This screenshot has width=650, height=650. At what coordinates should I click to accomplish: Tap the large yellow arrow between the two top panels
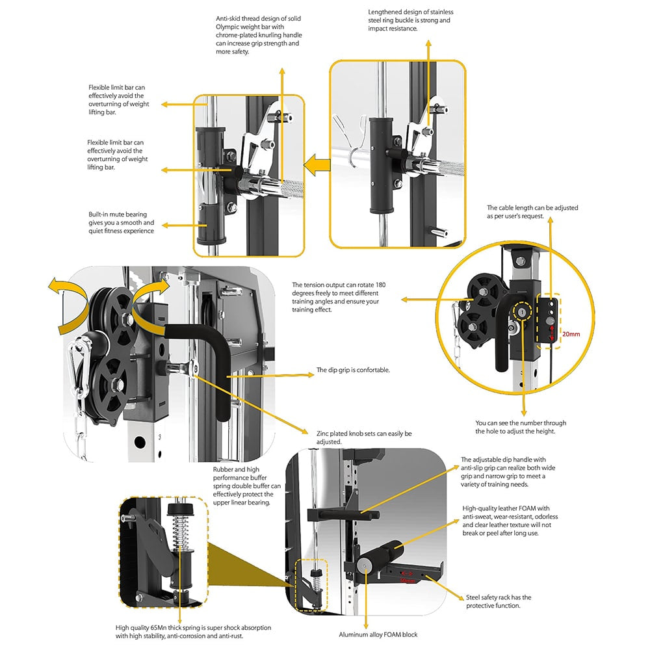click(x=317, y=165)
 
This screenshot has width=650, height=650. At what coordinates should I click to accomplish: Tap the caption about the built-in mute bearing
click(x=121, y=222)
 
